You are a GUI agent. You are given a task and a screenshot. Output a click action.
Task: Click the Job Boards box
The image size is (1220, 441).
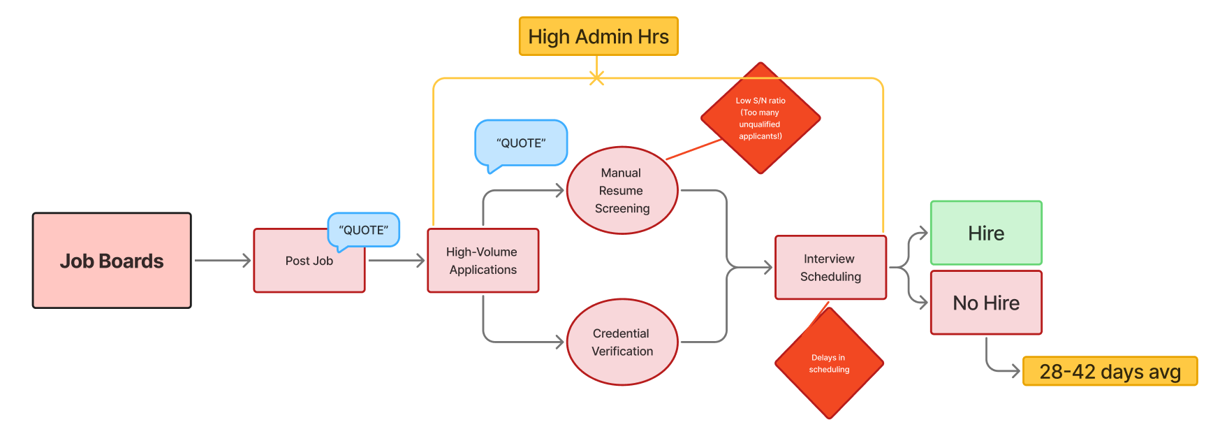[x=112, y=261]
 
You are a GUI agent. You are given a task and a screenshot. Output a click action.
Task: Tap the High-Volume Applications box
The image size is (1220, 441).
[x=483, y=261]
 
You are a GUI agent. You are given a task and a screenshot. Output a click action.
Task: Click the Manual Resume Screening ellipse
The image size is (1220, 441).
[x=622, y=190]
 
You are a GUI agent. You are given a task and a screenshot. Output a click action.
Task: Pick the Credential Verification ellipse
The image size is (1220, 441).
[x=622, y=342]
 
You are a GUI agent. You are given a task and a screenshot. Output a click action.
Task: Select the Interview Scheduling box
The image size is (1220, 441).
[x=830, y=268]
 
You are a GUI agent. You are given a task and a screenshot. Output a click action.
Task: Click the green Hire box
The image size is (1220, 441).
[x=985, y=233]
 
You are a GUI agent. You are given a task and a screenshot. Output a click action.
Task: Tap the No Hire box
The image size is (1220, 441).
[x=985, y=303]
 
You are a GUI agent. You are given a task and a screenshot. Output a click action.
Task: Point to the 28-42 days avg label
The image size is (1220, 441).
[x=1109, y=371]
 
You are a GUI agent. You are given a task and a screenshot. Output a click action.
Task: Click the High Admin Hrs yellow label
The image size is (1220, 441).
[x=598, y=36]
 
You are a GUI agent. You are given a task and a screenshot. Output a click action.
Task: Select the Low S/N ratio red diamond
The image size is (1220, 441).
[x=760, y=118]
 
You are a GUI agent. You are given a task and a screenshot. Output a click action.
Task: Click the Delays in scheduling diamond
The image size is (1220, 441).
[x=829, y=363]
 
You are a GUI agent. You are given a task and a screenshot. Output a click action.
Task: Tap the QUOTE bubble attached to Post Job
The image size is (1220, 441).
[x=363, y=230]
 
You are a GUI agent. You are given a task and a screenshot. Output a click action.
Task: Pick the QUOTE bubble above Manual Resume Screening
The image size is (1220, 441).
[x=521, y=143]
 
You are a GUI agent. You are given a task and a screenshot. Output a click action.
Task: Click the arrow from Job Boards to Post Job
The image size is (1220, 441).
[x=222, y=261]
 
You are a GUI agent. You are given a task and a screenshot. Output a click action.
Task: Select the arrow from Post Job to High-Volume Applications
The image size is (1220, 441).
[x=396, y=261]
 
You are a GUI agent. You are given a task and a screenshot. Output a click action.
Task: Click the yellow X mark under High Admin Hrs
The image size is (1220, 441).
[x=596, y=78]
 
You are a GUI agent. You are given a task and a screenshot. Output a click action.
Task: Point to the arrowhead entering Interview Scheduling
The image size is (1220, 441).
[x=768, y=267]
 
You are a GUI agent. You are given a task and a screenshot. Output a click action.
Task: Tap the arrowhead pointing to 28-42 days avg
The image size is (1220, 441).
[x=1016, y=371]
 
